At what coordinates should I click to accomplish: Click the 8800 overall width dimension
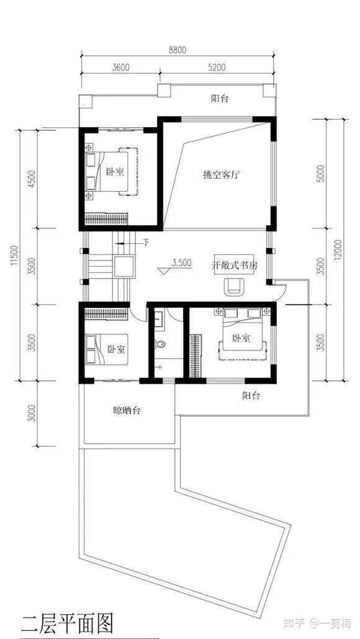tap(178, 50)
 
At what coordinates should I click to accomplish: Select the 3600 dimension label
tap(120, 67)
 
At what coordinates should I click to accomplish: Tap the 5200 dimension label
tap(217, 67)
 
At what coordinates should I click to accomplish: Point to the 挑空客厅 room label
tap(220, 175)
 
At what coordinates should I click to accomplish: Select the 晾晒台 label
tap(127, 411)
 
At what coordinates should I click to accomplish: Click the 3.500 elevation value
tap(182, 263)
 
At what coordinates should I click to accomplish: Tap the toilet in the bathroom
tap(160, 345)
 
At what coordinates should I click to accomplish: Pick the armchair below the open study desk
tap(235, 286)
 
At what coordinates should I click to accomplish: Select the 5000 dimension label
tap(321, 174)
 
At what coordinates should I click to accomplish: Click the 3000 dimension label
tap(32, 413)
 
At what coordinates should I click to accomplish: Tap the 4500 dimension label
tap(32, 177)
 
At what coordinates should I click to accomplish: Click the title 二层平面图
tap(66, 623)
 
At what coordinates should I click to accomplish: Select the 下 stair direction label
tap(146, 243)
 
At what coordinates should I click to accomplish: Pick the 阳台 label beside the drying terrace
tap(251, 395)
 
